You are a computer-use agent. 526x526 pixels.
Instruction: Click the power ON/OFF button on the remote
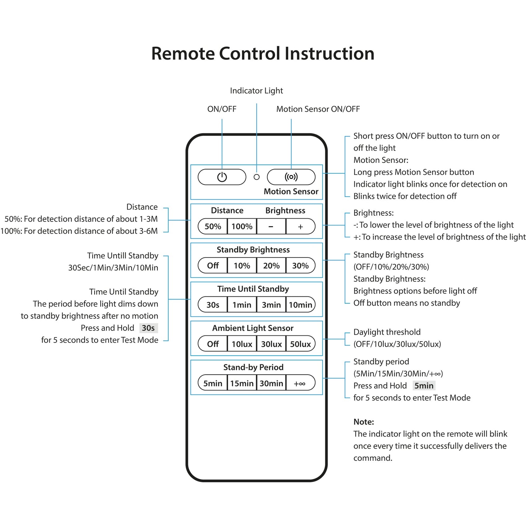(222, 177)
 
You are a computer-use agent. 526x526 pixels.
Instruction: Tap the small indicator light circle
(257, 177)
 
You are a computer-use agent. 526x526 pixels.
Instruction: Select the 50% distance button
(213, 226)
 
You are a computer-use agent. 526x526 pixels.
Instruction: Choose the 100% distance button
(242, 226)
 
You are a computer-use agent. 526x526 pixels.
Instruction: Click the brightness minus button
(271, 226)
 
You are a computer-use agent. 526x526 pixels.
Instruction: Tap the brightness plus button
(300, 226)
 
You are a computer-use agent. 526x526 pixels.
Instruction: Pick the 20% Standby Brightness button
(271, 265)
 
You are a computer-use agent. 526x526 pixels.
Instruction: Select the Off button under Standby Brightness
(213, 265)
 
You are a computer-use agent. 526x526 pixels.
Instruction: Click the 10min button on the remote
(300, 305)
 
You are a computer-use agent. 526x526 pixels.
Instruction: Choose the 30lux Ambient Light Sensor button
(271, 344)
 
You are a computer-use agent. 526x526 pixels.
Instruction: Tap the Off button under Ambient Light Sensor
(213, 344)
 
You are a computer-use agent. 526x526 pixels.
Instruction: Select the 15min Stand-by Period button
(242, 383)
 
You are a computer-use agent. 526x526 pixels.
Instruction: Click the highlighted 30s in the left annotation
(148, 328)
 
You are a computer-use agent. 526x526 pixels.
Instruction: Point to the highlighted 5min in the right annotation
(424, 386)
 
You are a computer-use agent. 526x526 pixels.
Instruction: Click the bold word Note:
(364, 422)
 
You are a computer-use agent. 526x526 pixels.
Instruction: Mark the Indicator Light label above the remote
(257, 91)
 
